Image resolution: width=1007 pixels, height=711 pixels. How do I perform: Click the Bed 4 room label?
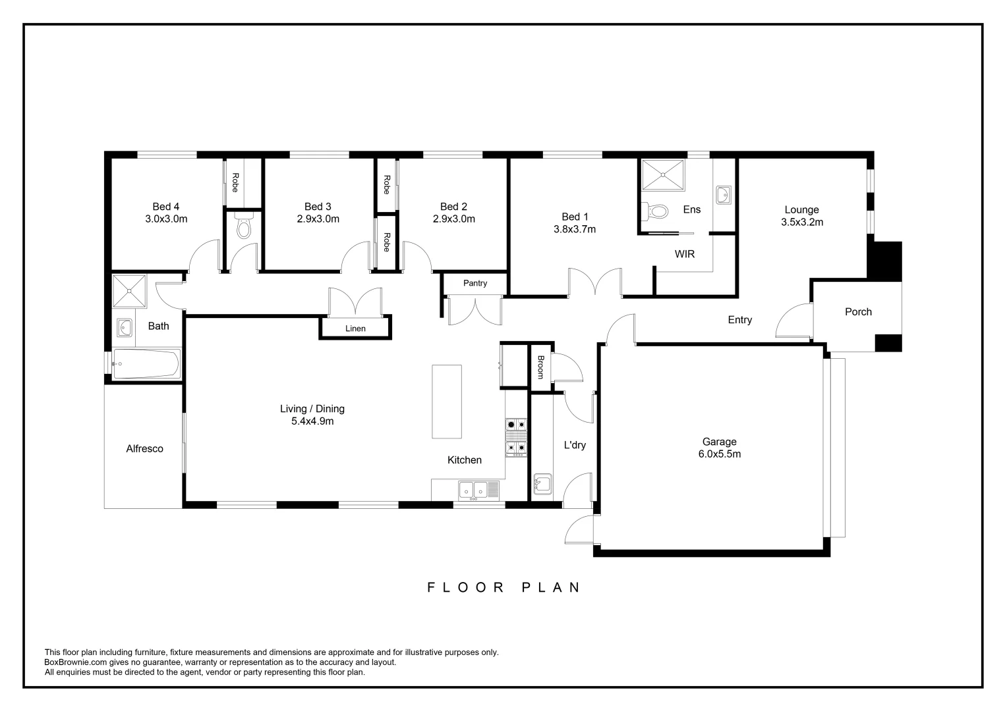point(166,207)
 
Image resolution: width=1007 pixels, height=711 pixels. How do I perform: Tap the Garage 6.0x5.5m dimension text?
point(719,454)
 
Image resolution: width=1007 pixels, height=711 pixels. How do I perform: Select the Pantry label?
point(475,283)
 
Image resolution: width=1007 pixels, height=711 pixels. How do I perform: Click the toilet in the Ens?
point(656,211)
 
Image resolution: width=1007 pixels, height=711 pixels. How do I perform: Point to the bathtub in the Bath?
point(146,363)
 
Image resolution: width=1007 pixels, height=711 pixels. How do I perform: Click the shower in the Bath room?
point(129,292)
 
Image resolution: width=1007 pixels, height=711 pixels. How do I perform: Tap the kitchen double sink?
point(473,489)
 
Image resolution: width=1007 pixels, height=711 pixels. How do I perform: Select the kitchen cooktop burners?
point(516,437)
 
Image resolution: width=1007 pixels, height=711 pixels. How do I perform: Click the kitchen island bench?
point(447,401)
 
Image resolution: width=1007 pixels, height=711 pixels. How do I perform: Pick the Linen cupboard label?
point(355,329)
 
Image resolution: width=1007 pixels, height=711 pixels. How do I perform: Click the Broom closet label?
point(540,367)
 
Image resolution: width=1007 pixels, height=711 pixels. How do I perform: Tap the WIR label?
point(684,254)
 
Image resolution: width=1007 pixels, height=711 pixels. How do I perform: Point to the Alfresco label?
point(144,449)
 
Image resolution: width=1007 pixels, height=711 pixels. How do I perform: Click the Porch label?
point(858,312)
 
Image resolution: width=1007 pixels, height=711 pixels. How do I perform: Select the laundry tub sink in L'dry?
point(542,484)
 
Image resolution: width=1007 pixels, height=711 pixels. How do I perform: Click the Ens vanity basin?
point(723,194)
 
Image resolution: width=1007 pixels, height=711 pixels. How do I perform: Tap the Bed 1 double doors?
point(595,283)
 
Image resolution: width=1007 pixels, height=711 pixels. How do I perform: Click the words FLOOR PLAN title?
point(503,587)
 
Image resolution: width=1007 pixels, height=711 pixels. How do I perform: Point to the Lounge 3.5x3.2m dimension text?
point(801,223)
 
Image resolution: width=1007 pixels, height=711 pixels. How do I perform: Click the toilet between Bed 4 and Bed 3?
point(244,227)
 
